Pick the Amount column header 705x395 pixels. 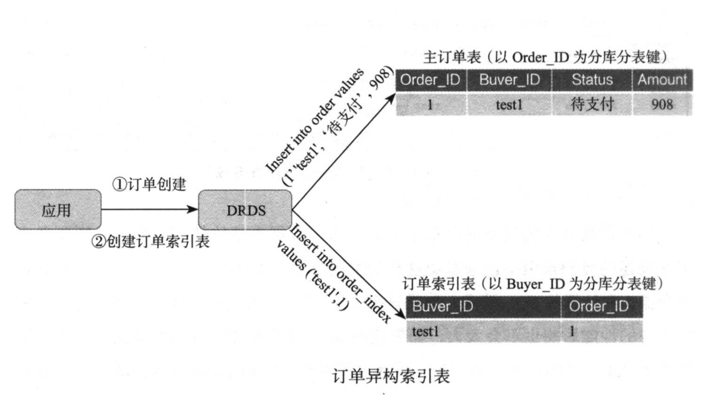tap(661, 80)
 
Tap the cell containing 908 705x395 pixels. tap(661, 104)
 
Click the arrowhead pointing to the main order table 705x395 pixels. tap(392, 97)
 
